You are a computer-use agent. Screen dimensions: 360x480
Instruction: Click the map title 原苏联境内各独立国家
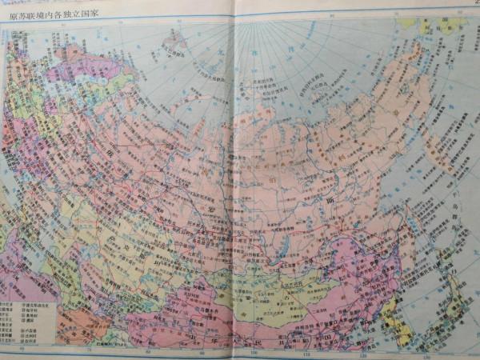point(48,14)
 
